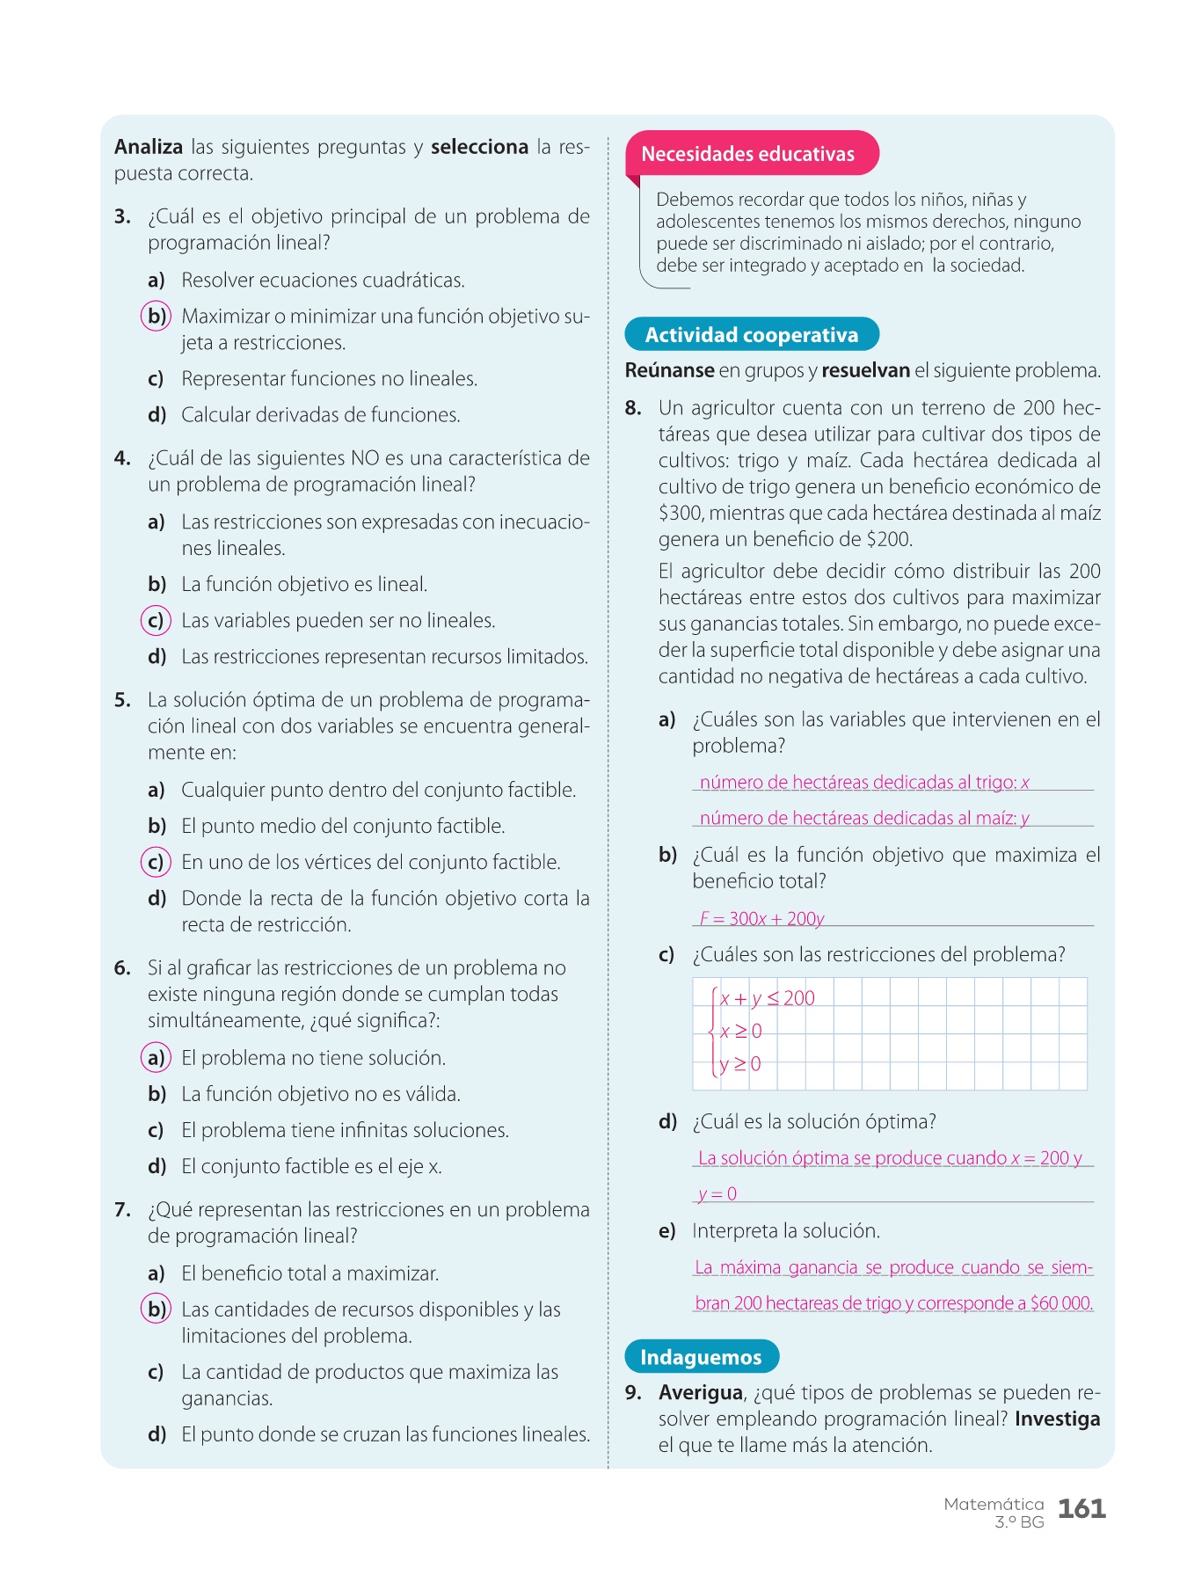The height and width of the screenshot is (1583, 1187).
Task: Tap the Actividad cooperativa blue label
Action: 752,335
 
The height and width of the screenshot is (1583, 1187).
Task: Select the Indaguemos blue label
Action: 701,1357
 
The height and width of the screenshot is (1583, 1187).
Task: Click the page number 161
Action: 1081,1509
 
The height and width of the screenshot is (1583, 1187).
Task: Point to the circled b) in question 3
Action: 157,316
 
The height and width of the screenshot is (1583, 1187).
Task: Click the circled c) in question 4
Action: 156,621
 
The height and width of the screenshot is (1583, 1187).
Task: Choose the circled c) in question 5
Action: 156,863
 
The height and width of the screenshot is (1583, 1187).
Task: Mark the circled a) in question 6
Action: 156,1058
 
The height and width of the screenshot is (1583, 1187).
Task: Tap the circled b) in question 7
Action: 157,1309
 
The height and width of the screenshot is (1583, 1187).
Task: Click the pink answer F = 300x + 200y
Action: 761,919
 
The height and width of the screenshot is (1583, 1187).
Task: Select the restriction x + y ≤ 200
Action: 767,998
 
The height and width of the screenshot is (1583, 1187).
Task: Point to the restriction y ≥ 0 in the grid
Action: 740,1064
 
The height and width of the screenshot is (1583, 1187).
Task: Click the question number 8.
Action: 633,408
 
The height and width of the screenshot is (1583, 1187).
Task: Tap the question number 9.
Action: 633,1393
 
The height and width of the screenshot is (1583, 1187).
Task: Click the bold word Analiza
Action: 149,147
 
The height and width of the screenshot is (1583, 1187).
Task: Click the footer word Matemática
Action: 994,1504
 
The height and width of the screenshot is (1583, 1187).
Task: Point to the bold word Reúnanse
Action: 669,371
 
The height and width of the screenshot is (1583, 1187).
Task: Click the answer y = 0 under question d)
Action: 717,1194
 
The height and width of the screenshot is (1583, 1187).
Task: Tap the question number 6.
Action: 122,968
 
